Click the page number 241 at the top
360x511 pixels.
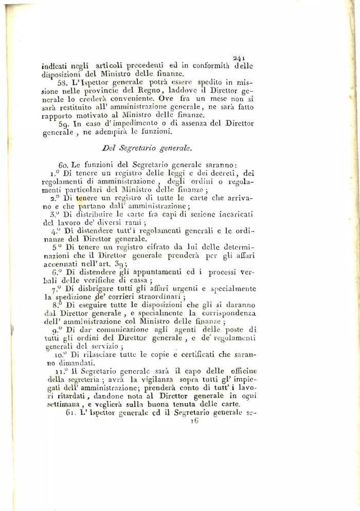(241, 58)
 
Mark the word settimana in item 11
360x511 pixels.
(70, 405)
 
